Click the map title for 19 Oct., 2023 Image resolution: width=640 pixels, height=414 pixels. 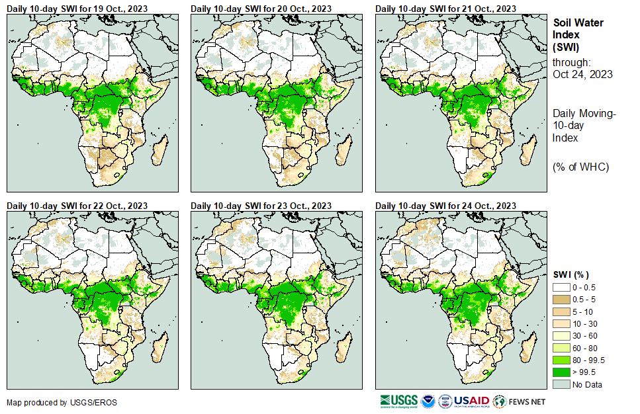(77, 8)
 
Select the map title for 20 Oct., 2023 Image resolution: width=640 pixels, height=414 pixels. (261, 8)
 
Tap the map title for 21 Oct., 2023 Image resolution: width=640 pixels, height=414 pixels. (445, 8)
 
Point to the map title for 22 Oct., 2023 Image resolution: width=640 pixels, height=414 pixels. (77, 206)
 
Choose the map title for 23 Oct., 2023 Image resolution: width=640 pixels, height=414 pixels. (261, 206)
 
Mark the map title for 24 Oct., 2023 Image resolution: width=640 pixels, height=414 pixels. (445, 206)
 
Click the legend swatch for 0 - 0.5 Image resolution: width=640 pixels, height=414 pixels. (561, 288)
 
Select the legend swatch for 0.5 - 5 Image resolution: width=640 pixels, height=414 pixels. (561, 300)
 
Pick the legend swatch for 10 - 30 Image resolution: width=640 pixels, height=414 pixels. (561, 324)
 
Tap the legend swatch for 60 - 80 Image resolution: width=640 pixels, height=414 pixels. (561, 349)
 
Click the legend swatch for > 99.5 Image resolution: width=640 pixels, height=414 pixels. (561, 372)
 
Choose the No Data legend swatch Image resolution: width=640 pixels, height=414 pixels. (561, 385)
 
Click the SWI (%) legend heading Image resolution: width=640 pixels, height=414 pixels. (571, 275)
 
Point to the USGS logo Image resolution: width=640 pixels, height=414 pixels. (398, 401)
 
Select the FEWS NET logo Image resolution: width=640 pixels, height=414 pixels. (520, 401)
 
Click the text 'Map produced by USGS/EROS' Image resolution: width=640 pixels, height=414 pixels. (52, 402)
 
